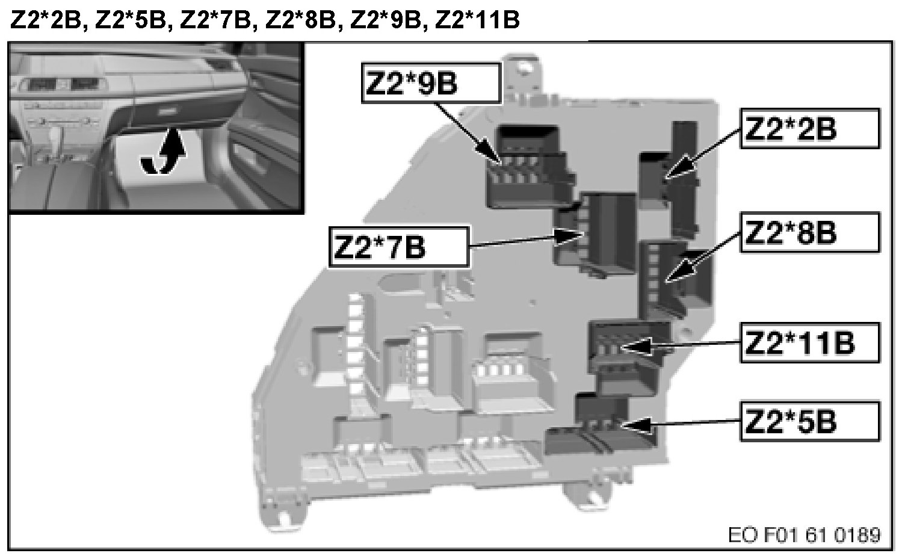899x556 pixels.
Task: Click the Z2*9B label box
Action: (431, 83)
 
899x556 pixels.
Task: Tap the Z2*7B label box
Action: (398, 247)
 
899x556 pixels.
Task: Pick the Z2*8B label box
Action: (809, 232)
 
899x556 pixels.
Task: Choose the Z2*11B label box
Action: (809, 343)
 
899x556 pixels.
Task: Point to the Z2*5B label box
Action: (809, 421)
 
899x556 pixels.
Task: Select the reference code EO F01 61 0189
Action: (805, 535)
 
